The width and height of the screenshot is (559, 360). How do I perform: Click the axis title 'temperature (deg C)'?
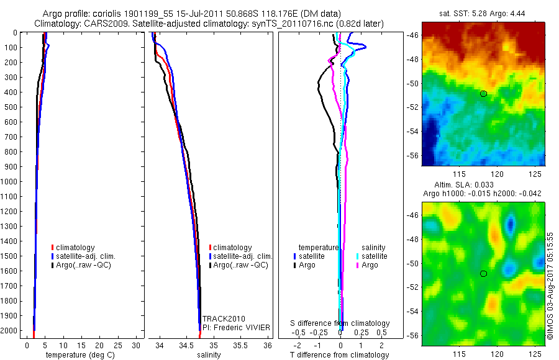coord(80,355)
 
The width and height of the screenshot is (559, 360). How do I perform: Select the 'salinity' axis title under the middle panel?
coord(209,355)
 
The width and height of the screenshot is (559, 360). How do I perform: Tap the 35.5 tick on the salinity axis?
coord(240,344)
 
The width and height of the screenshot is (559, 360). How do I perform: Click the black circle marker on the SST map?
coord(483,94)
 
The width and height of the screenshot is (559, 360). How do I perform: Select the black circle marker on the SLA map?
coord(483,274)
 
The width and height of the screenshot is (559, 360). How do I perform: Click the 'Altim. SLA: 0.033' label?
coord(483,185)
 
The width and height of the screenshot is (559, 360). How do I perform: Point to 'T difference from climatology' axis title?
coord(340,355)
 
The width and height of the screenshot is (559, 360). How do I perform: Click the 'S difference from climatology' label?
coord(340,323)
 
